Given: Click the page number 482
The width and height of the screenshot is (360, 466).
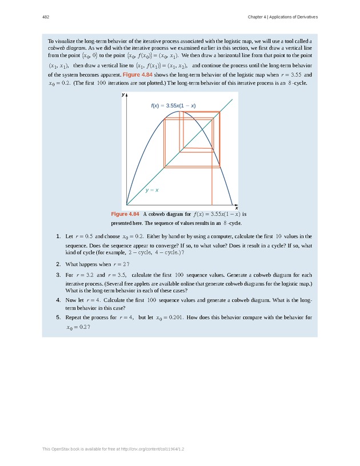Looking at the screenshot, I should pos(45,17).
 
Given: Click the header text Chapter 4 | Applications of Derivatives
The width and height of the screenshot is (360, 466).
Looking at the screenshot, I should pos(282,17).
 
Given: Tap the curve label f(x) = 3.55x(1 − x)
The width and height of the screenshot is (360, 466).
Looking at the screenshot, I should pos(173,105).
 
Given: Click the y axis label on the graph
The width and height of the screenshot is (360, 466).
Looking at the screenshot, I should pos(123,95).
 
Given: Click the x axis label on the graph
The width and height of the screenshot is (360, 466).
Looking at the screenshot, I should pos(236,208).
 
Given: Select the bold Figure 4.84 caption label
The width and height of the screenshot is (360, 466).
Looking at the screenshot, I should pos(125,214).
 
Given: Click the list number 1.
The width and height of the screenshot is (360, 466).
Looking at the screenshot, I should pos(59,236).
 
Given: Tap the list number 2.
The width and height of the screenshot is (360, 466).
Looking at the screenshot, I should pos(59,264).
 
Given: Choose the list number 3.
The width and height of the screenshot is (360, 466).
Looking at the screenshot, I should pos(59,275).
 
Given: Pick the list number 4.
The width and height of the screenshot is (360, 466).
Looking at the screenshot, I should pos(59,300).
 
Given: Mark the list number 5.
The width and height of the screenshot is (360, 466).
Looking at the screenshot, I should pos(59,317).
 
